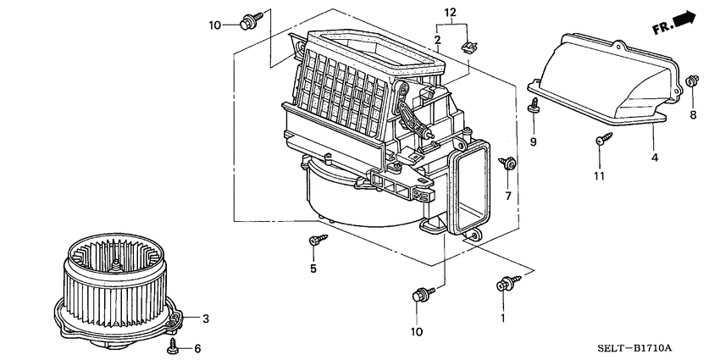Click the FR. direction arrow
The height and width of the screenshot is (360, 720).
tap(675, 24)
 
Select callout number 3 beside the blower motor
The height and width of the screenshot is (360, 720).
tap(204, 318)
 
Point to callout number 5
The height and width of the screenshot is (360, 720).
tap(313, 269)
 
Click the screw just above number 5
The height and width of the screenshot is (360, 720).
tap(314, 241)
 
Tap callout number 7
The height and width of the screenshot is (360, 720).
tap(509, 197)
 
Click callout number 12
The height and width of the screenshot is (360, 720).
tap(450, 12)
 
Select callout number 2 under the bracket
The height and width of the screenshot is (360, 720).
tap(437, 41)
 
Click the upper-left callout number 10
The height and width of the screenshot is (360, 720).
tap(214, 25)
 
